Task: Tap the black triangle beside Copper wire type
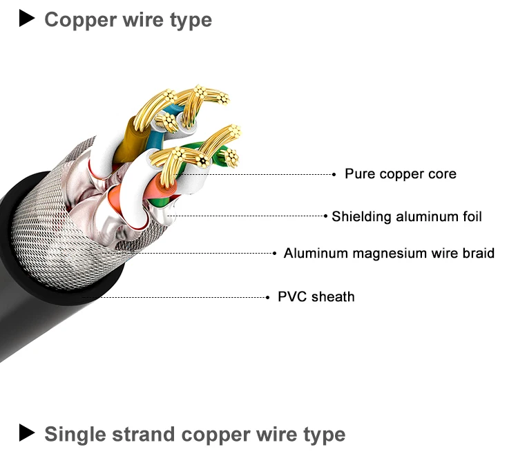26,19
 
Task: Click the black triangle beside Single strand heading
26,433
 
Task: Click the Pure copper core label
401,174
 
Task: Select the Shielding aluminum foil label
407,217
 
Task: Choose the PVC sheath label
316,297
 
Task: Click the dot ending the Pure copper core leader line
334,175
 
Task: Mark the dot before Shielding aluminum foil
326,217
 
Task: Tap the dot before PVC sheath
268,297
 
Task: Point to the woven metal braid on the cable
76,221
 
